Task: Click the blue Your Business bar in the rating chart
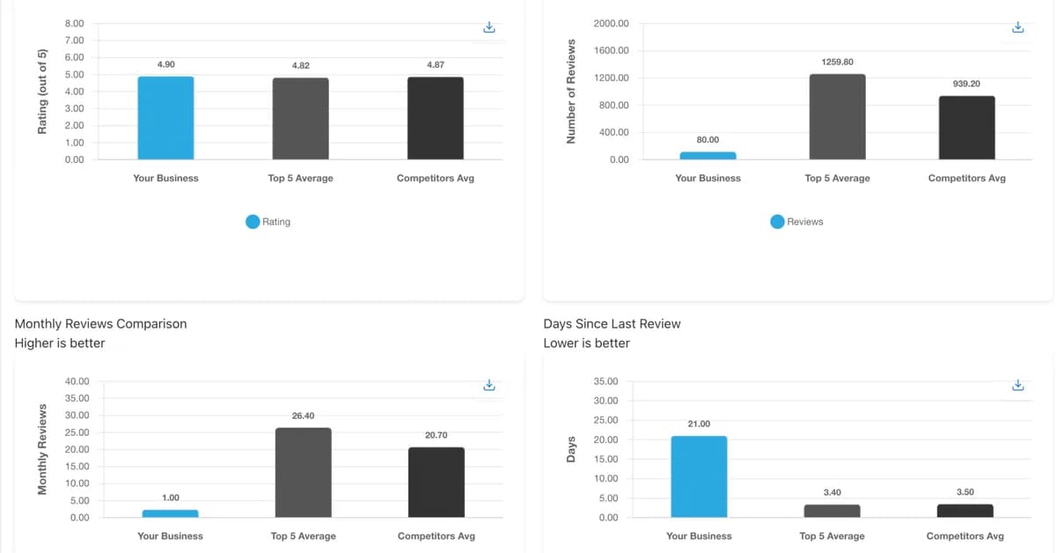(165, 118)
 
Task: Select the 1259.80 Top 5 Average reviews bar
(837, 116)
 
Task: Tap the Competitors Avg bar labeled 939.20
(966, 127)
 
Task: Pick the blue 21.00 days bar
(699, 476)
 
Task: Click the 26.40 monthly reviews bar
(303, 472)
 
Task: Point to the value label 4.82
(300, 65)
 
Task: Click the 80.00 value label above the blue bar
(708, 140)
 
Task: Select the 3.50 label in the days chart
(964, 492)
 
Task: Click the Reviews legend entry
(796, 222)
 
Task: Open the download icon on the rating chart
(490, 28)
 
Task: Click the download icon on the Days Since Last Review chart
(1018, 386)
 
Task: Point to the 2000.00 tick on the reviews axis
(611, 23)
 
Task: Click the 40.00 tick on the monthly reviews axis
(77, 381)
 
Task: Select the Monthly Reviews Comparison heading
(100, 323)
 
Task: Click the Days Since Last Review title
(612, 323)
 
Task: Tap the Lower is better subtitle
(586, 343)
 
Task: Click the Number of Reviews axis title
(570, 92)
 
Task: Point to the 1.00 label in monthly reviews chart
(170, 498)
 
